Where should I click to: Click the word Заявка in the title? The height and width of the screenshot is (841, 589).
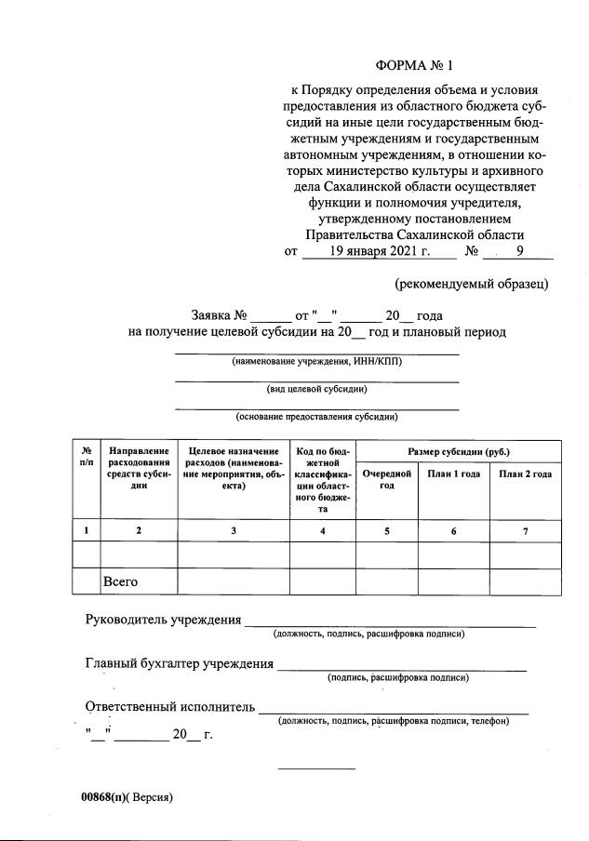point(212,314)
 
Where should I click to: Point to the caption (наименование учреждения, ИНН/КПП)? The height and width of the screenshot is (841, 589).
point(316,362)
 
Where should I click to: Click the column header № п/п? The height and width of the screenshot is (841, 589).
point(87,456)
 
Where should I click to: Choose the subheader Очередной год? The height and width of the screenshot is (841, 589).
point(386,479)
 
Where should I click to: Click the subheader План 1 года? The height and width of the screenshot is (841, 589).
point(453,474)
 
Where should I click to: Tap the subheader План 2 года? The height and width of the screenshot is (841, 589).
point(525,474)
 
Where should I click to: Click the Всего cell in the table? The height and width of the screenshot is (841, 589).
point(120,581)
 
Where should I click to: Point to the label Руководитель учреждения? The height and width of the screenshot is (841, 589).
point(163,620)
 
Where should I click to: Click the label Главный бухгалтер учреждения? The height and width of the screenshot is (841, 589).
point(179,663)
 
